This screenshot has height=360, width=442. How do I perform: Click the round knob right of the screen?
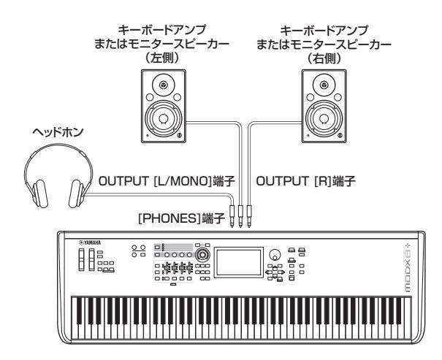coord(274,256)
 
